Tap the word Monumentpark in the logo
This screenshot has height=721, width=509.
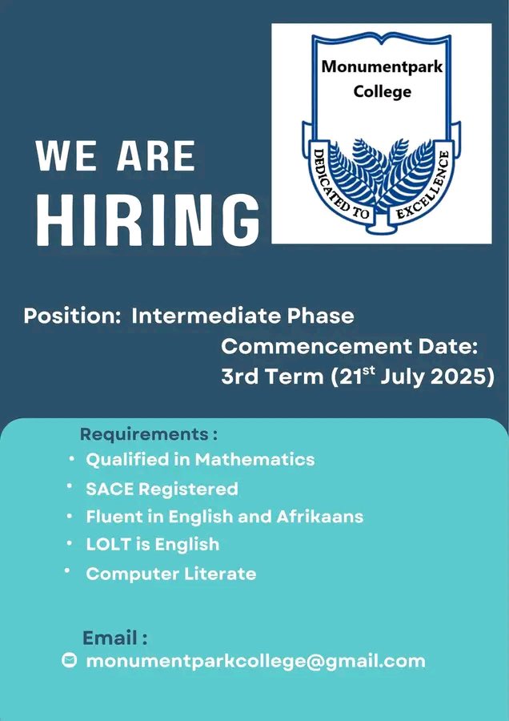click(x=382, y=66)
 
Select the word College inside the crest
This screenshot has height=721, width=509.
click(x=382, y=91)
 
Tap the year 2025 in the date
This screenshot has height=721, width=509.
click(x=463, y=377)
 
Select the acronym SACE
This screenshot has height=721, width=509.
click(x=110, y=489)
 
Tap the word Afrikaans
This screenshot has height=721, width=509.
click(x=320, y=517)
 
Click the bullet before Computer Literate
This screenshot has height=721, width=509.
click(x=67, y=570)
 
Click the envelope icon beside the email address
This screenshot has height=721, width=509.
click(x=69, y=660)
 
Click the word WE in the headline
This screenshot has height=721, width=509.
click(x=66, y=156)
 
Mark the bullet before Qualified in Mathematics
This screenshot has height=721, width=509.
click(x=71, y=458)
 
